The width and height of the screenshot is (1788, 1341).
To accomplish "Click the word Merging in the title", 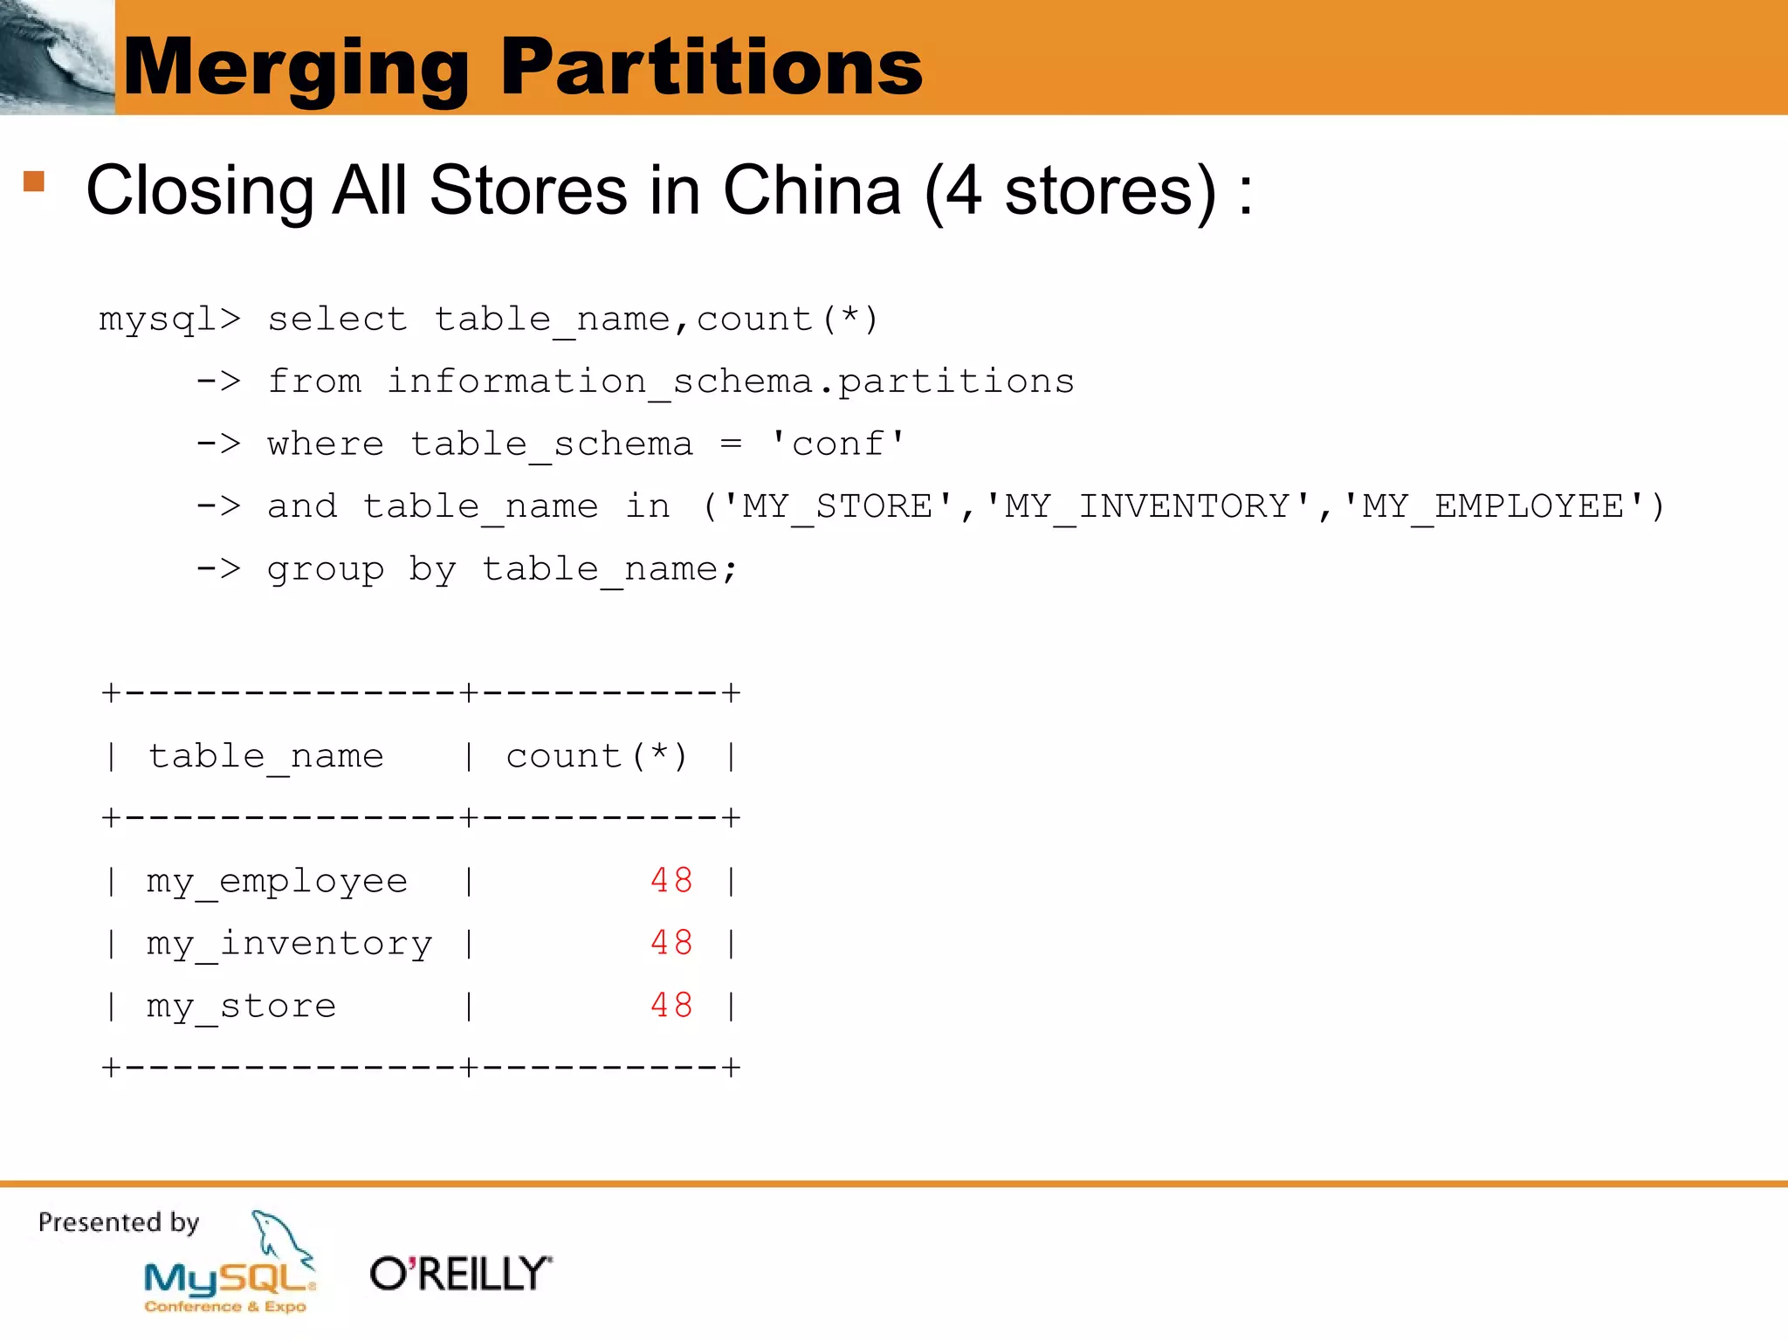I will coord(297,68).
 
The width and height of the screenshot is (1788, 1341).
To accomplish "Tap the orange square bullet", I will coord(34,181).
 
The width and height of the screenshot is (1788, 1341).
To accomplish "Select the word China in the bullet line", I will coord(811,190).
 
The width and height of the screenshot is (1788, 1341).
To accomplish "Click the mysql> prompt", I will coord(169,320).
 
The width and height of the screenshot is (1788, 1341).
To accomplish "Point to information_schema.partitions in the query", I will coord(730,382).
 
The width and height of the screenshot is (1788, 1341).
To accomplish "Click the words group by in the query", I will coord(361,569).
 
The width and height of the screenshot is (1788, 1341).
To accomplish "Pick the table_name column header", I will coord(265,756).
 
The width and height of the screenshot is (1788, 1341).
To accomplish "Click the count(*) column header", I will coord(597,756).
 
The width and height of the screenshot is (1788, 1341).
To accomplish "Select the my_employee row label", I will coord(277,881).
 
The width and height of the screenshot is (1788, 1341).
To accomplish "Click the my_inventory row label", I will coord(289,944).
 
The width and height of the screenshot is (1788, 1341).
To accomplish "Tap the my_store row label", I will coord(241,1007).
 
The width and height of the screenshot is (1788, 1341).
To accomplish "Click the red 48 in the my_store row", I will coord(671,1006).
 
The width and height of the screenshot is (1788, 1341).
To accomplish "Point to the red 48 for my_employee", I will coord(671,880).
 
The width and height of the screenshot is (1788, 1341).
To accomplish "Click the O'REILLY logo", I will coord(461,1274).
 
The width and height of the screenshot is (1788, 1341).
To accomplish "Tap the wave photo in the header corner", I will coord(57,57).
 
